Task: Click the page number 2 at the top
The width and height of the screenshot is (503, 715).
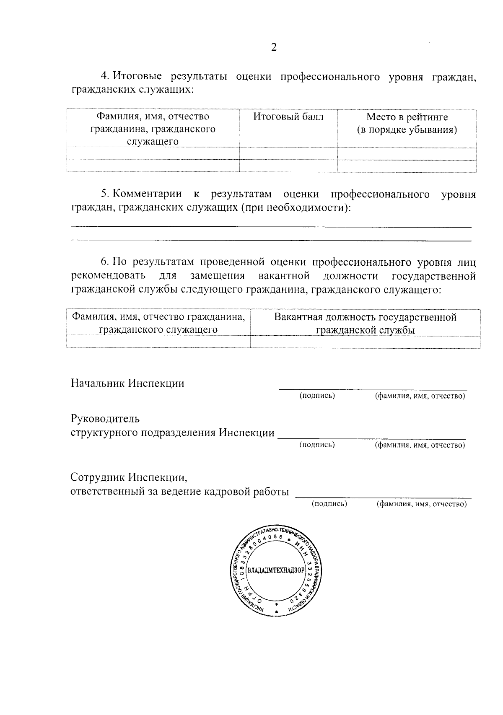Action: pos(274,47)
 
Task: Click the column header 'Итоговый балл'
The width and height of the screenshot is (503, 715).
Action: pos(288,117)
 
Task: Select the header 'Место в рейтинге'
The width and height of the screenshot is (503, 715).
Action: pos(407,117)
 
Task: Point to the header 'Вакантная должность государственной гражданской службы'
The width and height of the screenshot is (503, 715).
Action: pos(365,324)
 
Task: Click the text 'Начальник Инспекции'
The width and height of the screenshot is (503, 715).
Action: pos(127,383)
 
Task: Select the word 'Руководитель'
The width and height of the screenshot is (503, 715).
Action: pos(105,419)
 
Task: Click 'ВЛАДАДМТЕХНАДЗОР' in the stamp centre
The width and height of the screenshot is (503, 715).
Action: pos(276,570)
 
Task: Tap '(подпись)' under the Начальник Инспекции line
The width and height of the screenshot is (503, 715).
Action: pos(317,396)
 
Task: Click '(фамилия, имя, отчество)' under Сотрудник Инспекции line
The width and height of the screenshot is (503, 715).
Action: pos(422,504)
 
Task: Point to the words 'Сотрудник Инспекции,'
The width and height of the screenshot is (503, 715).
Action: pos(129,477)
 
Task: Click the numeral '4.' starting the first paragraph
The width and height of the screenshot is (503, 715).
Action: pos(105,77)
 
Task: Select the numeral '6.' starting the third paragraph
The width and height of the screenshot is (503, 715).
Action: pos(105,262)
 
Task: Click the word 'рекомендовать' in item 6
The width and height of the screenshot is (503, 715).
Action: pos(109,276)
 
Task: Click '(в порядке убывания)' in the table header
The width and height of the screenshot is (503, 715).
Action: pos(407,130)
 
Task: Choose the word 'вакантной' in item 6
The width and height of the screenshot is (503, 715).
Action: pos(284,276)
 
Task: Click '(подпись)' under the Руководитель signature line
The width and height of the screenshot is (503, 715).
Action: pos(317,445)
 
